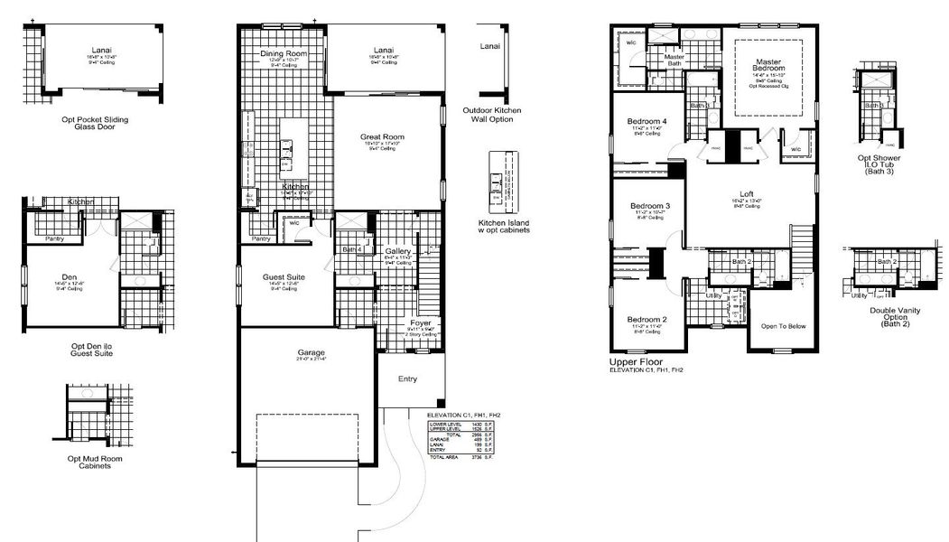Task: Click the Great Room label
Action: (x=385, y=136)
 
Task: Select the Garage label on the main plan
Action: (x=312, y=352)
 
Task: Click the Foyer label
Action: (x=421, y=322)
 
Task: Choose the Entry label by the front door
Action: (x=408, y=378)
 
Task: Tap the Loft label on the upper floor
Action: (x=747, y=193)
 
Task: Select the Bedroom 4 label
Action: (x=647, y=121)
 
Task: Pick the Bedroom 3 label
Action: (x=648, y=206)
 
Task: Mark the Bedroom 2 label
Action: (x=647, y=320)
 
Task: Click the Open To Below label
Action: (x=783, y=326)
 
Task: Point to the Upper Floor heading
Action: (x=637, y=361)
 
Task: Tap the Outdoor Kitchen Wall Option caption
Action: (x=491, y=115)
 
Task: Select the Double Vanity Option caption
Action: (x=889, y=316)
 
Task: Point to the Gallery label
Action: (x=398, y=250)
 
